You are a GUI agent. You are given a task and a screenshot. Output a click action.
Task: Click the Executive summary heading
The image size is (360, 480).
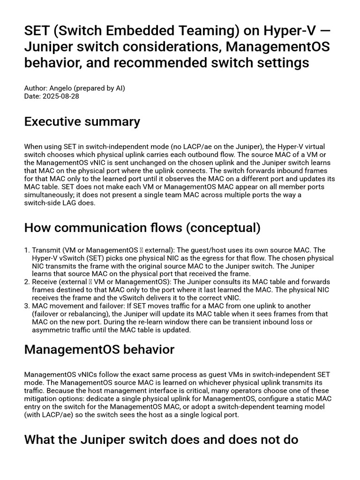(x=82, y=122)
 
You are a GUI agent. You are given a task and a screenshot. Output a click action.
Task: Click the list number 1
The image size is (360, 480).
(x=27, y=250)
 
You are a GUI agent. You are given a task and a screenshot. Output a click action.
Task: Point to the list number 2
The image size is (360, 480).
(x=27, y=282)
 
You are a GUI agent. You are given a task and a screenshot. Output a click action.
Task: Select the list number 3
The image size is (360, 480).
(x=27, y=306)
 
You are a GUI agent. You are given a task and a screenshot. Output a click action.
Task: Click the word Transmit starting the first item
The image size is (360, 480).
(x=46, y=250)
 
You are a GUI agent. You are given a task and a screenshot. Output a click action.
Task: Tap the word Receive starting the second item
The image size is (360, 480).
(x=45, y=282)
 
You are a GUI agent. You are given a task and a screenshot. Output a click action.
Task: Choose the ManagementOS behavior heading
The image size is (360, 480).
(x=99, y=350)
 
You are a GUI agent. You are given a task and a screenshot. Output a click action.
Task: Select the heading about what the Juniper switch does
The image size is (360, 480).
(x=161, y=440)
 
